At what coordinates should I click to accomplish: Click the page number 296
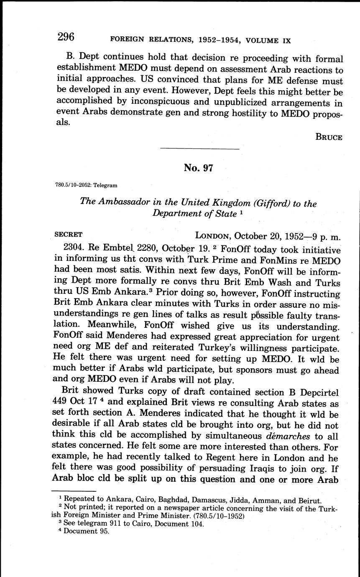pos(66,37)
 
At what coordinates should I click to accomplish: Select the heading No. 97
pos(199,168)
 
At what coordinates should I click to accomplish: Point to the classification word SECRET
pos(69,235)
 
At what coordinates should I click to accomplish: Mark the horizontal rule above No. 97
pos(199,149)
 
